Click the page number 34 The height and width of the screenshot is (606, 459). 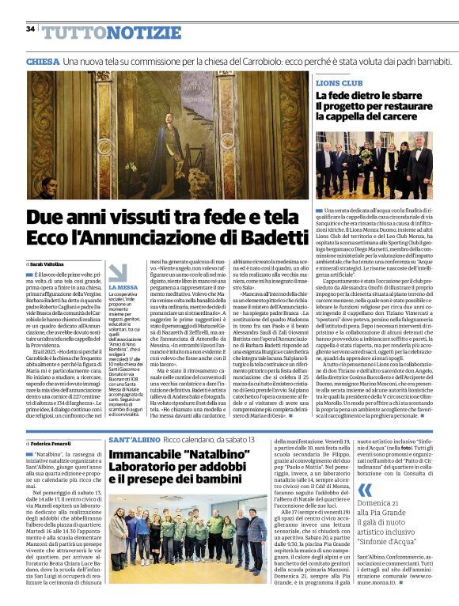coord(30,28)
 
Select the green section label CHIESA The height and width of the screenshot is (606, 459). coord(43,62)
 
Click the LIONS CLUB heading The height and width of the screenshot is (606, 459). coord(340,82)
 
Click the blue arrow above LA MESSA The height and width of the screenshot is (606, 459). coord(116,272)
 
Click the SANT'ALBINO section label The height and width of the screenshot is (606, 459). coord(136,438)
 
